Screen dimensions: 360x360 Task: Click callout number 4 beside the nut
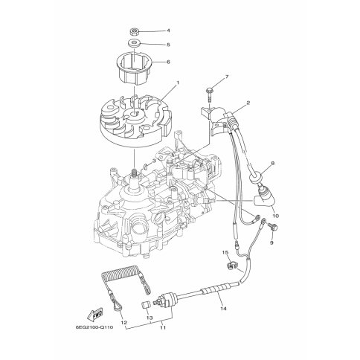[168, 30]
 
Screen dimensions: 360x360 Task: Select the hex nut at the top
[135, 32]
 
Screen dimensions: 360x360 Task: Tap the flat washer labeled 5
[135, 44]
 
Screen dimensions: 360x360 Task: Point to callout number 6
[168, 62]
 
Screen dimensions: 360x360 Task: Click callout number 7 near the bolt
[227, 77]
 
